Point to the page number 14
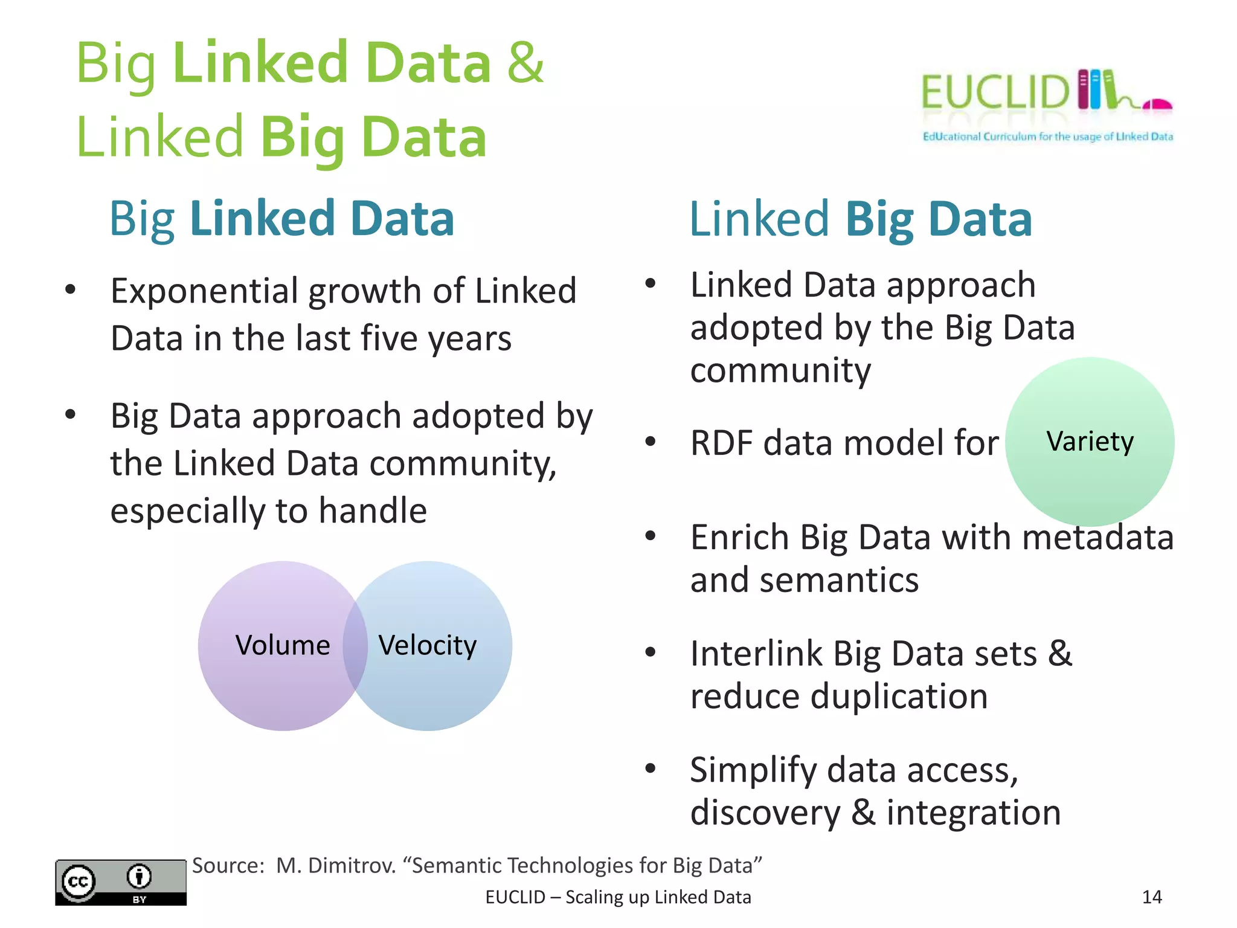click(x=1152, y=897)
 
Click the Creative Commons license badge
click(x=121, y=882)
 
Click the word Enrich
click(x=739, y=537)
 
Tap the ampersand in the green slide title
click(x=525, y=63)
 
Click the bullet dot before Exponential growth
click(x=71, y=289)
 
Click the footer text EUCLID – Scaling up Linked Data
click(x=618, y=897)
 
